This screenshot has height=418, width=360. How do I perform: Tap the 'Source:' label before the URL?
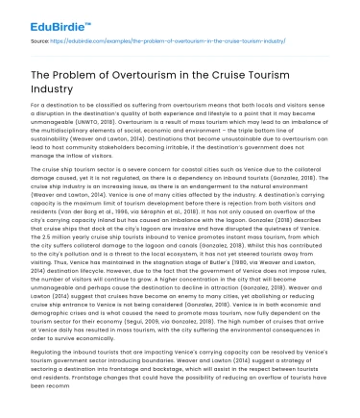click(x=41, y=41)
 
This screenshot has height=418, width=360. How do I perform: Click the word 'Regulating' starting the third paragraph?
click(x=49, y=354)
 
